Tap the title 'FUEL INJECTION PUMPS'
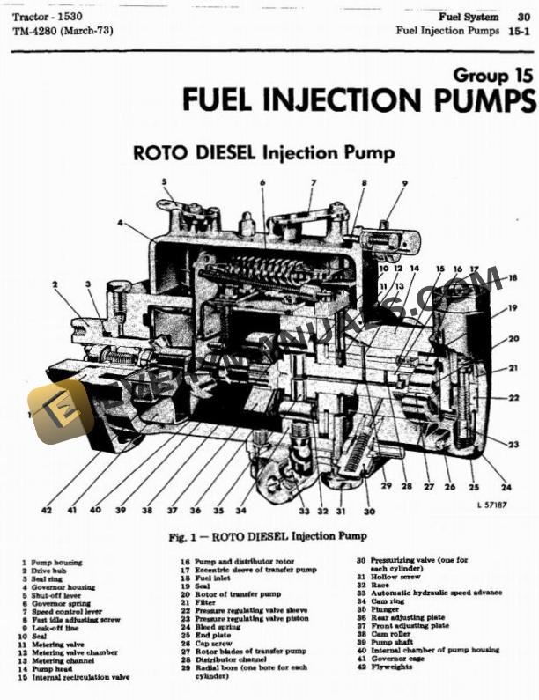pos(358,99)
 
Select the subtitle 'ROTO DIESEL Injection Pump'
pos(263,152)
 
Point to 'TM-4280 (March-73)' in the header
pos(63,32)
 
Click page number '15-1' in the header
pos(518,31)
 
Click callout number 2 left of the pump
pos(55,284)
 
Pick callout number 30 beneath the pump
pos(369,511)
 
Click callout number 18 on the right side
pos(513,279)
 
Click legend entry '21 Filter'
pos(198,602)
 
